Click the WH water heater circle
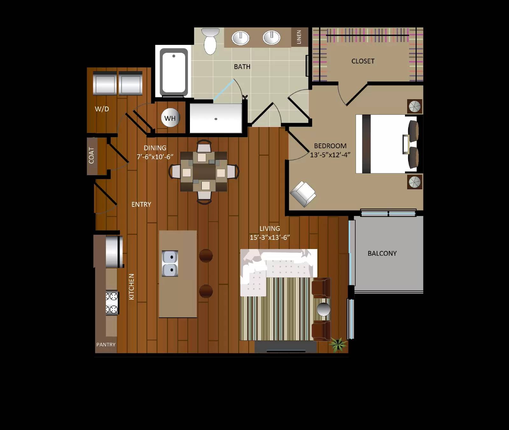pyautogui.click(x=170, y=118)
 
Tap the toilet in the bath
pyautogui.click(x=210, y=41)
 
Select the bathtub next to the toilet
pyautogui.click(x=174, y=72)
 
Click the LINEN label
pyautogui.click(x=299, y=37)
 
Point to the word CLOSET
pyautogui.click(x=363, y=61)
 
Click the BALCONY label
pyautogui.click(x=382, y=253)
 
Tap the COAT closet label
pyautogui.click(x=92, y=155)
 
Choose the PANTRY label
pyautogui.click(x=106, y=344)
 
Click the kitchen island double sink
pyautogui.click(x=170, y=263)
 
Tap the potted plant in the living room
pyautogui.click(x=338, y=344)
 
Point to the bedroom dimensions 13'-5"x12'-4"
pyautogui.click(x=330, y=155)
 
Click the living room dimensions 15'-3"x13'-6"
pyautogui.click(x=270, y=238)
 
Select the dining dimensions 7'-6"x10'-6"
pyautogui.click(x=155, y=157)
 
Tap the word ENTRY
pyautogui.click(x=141, y=205)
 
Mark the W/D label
pyautogui.click(x=102, y=109)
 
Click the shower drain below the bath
pyautogui.click(x=216, y=119)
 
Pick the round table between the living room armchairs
pyautogui.click(x=324, y=309)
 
